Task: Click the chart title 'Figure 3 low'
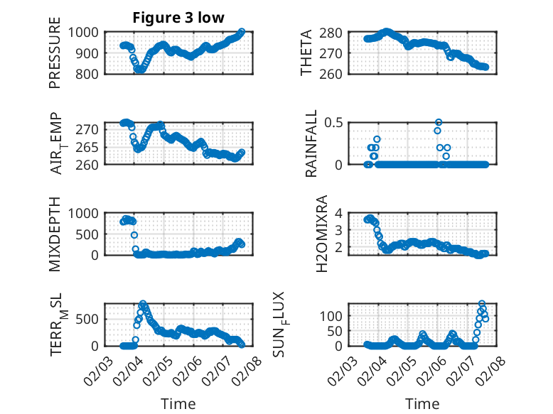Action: click(x=178, y=18)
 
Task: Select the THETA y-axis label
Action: click(x=306, y=53)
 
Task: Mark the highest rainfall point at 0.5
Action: click(x=439, y=123)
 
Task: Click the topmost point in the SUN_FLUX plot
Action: click(x=482, y=304)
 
